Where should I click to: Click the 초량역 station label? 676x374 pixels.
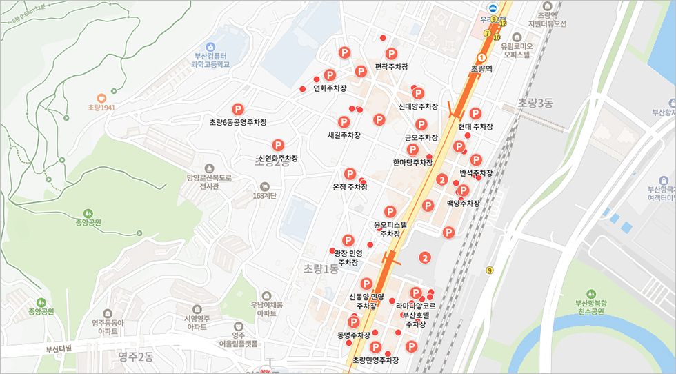481,69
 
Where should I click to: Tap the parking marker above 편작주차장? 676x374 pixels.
391,54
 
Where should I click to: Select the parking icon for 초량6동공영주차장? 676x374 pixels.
238,109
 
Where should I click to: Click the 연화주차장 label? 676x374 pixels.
330,88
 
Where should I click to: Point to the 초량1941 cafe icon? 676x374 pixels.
102,98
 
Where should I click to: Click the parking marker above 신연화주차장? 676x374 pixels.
278,146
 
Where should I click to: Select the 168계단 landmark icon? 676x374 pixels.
264,186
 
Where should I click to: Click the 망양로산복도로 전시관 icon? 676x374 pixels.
209,168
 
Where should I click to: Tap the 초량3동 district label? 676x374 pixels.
536,103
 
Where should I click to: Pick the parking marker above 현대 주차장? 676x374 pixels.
475,114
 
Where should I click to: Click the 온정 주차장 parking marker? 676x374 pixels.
350,174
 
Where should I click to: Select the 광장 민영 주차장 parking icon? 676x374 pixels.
348,240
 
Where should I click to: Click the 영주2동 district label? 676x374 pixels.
135,357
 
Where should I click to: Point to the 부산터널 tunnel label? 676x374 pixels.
59,349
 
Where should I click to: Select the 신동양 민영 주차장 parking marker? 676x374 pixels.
367,284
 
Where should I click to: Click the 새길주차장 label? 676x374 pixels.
344,135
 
